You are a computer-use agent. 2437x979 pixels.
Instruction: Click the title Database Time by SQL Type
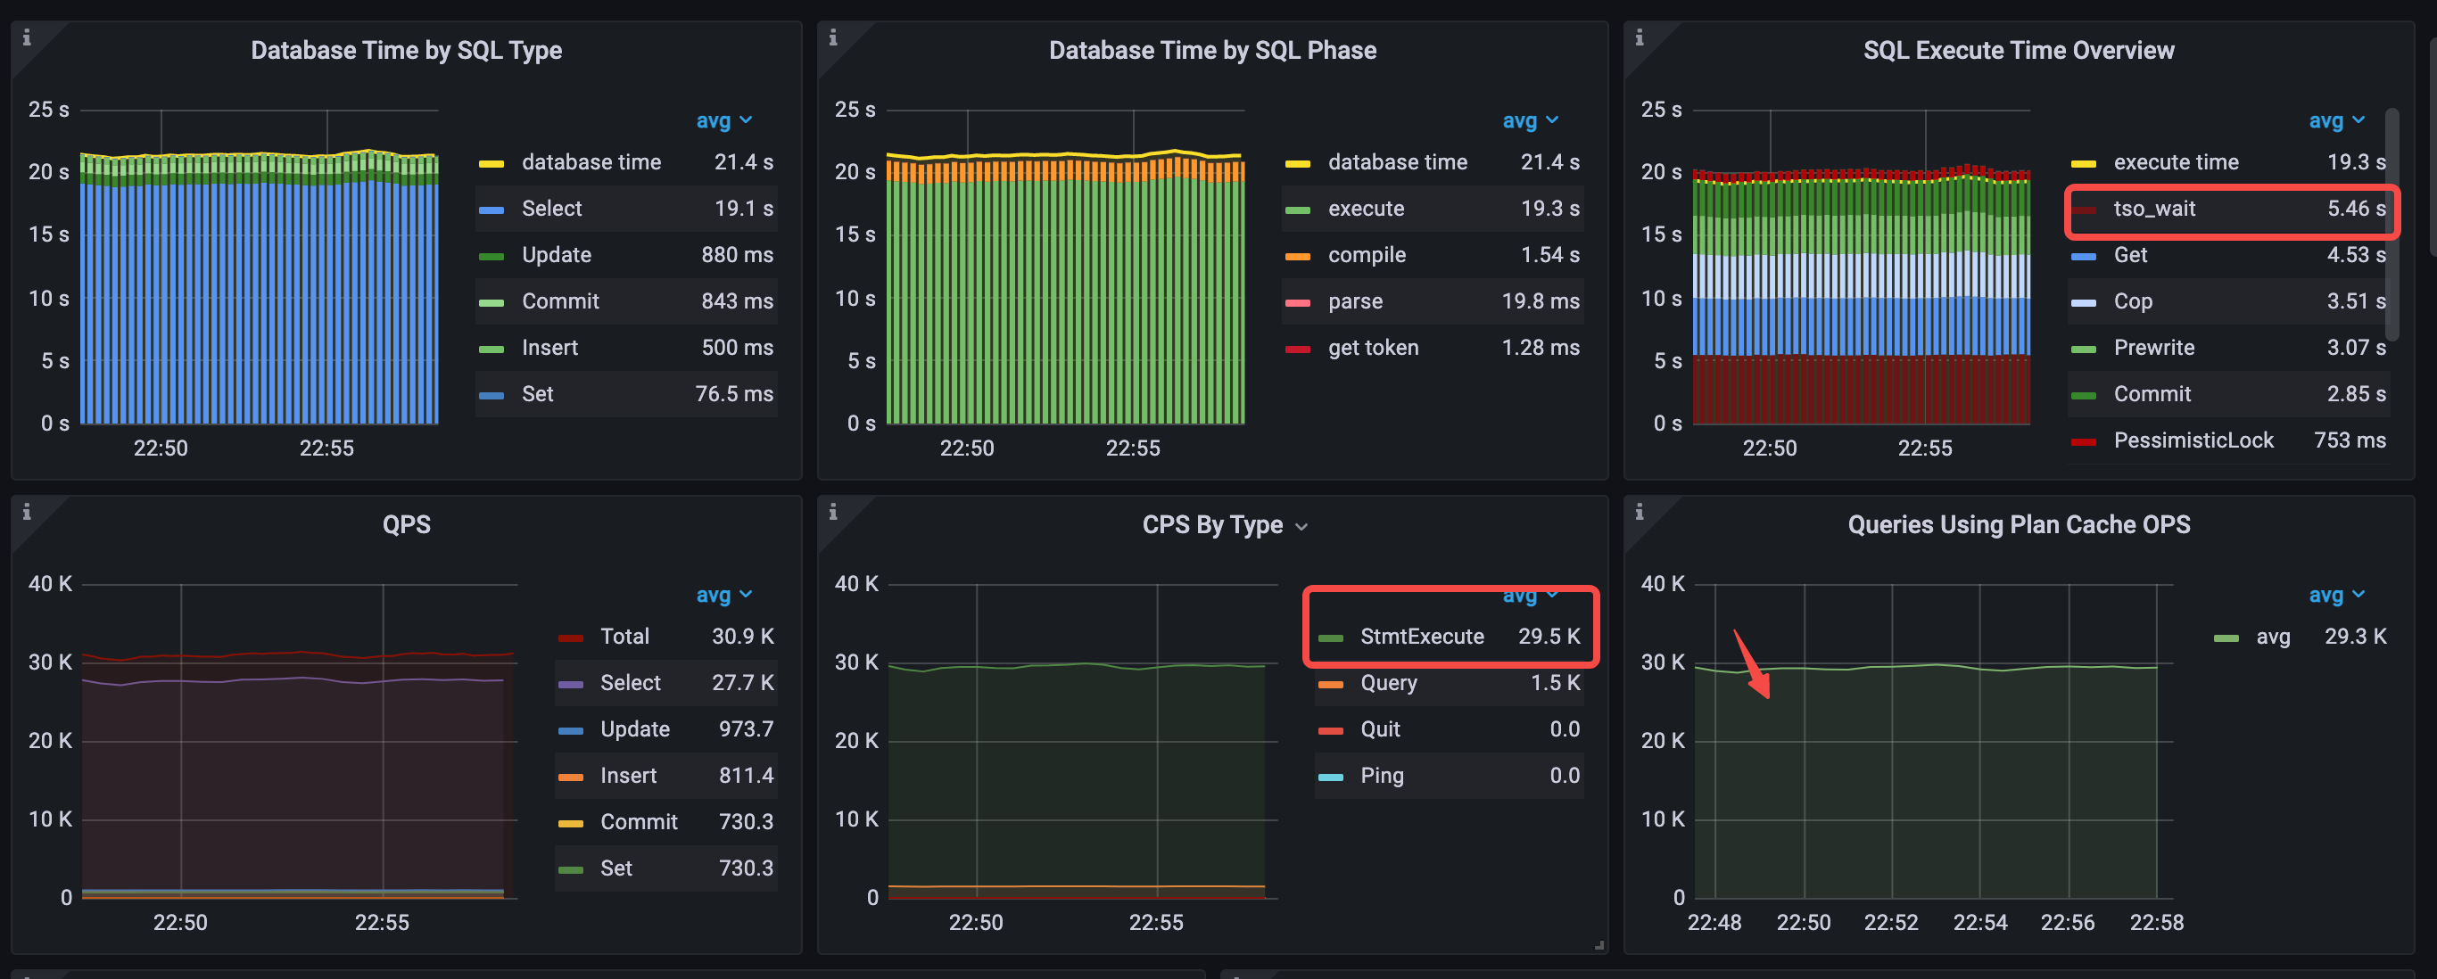click(x=406, y=50)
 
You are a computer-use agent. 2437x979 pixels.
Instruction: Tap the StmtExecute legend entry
click(x=1421, y=637)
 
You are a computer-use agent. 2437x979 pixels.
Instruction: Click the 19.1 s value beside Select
click(x=743, y=209)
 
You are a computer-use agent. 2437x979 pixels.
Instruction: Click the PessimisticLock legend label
click(x=2193, y=440)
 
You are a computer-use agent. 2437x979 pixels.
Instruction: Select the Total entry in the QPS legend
click(x=624, y=637)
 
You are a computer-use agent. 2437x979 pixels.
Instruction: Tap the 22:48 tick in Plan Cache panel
click(x=1714, y=922)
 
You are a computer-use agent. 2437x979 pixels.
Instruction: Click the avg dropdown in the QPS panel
click(x=723, y=595)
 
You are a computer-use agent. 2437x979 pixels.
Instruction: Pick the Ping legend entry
click(x=1381, y=776)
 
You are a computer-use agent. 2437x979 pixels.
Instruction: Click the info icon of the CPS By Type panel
click(x=832, y=512)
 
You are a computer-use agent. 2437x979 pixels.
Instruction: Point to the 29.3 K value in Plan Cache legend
click(x=2355, y=637)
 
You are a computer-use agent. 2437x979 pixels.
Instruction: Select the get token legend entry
click(x=1373, y=348)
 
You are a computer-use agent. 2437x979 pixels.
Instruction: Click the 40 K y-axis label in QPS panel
click(x=49, y=584)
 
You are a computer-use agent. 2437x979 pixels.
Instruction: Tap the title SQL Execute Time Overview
click(x=2018, y=50)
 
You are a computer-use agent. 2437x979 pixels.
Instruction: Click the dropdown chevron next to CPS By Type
click(x=1301, y=527)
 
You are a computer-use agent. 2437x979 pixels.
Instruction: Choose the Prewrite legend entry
click(x=2153, y=348)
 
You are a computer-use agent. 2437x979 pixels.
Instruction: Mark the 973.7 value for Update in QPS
click(x=746, y=729)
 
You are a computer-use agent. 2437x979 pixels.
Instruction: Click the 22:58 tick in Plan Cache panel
click(x=2156, y=922)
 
